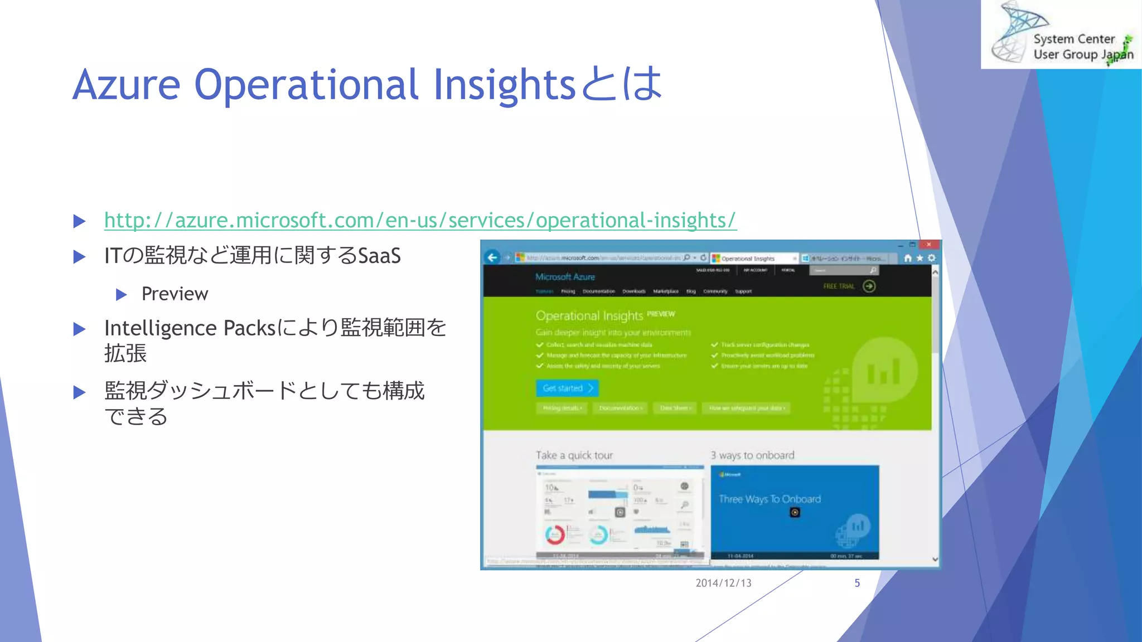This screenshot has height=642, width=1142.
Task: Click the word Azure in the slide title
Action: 127,85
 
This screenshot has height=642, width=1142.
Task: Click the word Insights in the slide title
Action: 504,85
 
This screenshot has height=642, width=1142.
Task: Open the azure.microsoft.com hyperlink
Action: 420,221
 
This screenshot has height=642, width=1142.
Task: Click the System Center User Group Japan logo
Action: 1061,35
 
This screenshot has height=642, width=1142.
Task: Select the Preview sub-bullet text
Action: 175,294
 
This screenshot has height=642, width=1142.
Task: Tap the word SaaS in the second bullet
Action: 379,256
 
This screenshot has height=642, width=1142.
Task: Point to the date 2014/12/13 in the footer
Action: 723,583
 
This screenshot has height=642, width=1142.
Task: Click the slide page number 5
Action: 857,583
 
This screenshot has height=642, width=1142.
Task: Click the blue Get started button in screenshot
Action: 567,388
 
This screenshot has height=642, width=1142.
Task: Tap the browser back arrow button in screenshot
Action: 492,257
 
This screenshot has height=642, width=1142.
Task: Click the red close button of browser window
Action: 928,245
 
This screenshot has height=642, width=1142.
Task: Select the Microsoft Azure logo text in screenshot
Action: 565,277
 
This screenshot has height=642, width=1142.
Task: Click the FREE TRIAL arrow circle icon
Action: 869,286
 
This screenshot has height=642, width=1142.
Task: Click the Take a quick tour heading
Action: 574,455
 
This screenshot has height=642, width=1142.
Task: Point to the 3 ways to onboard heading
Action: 752,455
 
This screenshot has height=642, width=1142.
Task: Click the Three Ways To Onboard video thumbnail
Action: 795,512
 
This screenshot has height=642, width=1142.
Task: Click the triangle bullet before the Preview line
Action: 122,294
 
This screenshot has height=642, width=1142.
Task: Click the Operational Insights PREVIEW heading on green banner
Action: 605,315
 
